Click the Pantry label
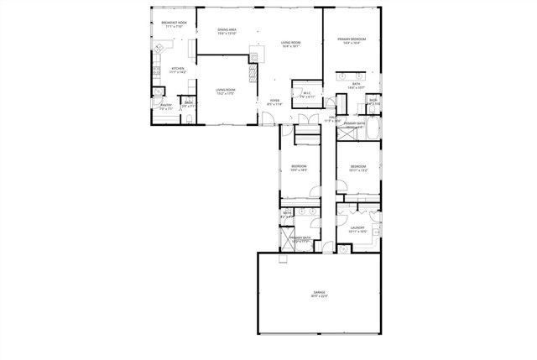165,107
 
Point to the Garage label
320,294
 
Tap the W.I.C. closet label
306,93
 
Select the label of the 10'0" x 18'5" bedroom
299,167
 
